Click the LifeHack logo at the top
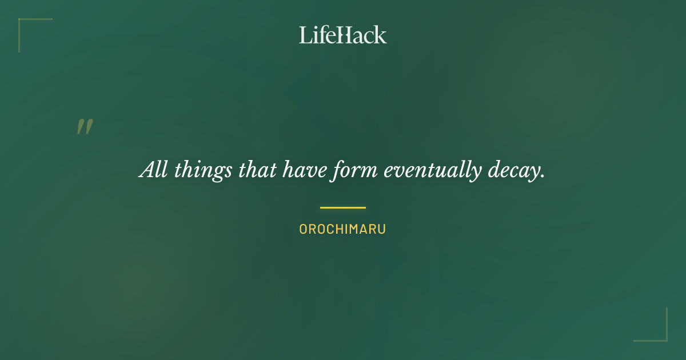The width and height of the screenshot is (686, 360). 343,35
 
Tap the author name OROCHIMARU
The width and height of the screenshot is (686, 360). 343,229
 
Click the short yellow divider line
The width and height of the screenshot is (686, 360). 343,207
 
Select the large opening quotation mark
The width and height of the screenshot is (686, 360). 85,127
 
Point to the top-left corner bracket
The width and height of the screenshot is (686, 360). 23,23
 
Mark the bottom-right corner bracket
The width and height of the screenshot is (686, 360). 663,337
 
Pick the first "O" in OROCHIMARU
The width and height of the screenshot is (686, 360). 304,229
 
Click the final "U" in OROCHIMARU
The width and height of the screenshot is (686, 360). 382,229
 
